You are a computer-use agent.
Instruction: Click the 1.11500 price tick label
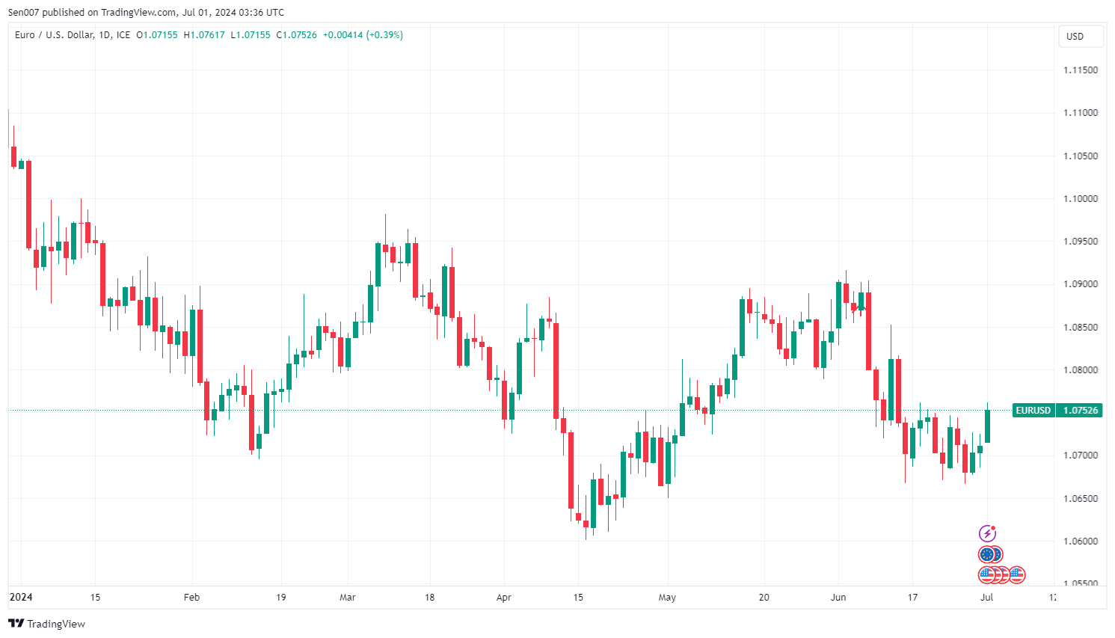tap(1081, 70)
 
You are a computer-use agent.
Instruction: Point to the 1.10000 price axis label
tap(1081, 199)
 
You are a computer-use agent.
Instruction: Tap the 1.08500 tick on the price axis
tap(1081, 328)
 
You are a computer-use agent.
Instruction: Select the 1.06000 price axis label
tap(1081, 542)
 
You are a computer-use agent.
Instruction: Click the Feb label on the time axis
tap(192, 598)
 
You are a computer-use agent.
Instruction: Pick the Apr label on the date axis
tap(504, 598)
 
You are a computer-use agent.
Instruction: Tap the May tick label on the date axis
tap(667, 598)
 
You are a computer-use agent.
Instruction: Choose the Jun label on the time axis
tap(838, 598)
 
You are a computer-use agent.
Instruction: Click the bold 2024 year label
tap(21, 598)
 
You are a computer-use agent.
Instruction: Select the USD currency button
tap(1075, 37)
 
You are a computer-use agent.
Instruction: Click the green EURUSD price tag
tap(1033, 411)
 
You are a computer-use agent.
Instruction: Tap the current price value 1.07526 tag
tap(1081, 411)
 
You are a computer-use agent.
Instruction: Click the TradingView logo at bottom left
tap(47, 624)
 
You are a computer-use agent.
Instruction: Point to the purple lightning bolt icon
tap(988, 533)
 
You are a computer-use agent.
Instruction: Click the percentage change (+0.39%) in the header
tap(384, 35)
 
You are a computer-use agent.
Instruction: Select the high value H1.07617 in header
tap(204, 35)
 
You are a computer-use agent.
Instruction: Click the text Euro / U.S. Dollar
tap(55, 35)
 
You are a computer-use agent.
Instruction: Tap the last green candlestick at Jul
tap(987, 426)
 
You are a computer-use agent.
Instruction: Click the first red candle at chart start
tap(13, 156)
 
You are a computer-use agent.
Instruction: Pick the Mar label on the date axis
tap(348, 598)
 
